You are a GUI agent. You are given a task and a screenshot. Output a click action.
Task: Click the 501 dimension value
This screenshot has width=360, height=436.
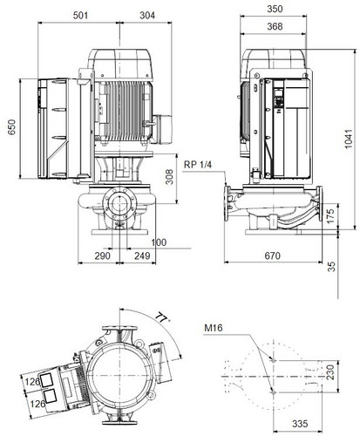[x=80, y=15]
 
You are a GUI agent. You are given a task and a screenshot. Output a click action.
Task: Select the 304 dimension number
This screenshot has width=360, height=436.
[x=147, y=15]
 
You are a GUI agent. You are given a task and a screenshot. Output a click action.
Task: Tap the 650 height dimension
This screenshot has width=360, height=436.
[x=11, y=127]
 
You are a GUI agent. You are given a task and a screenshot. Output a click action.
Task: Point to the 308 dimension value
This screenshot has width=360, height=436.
[x=169, y=177]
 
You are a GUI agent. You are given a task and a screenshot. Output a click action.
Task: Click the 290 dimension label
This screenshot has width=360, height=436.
[x=103, y=255]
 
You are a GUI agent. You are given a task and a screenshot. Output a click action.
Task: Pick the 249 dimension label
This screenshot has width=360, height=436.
[x=142, y=255]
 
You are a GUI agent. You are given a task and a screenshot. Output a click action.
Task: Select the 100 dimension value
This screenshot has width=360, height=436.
[x=159, y=242]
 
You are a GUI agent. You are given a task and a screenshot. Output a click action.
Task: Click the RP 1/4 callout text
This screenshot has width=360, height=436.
[x=198, y=165]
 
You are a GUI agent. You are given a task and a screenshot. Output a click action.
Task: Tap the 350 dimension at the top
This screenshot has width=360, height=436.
[x=275, y=9]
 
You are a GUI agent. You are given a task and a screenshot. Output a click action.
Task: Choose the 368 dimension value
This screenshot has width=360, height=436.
[x=275, y=26]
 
